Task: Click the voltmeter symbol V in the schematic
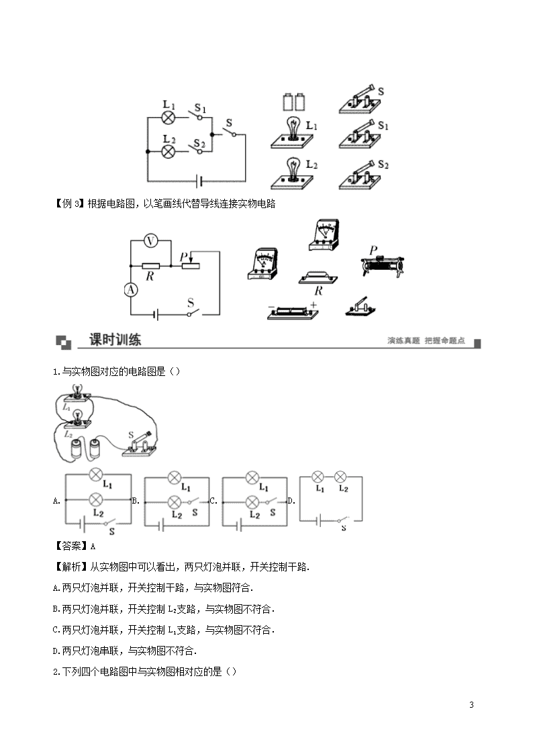151,241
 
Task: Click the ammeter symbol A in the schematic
131,289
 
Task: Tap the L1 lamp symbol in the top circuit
168,117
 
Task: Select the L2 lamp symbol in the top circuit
168,152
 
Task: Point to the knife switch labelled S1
360,135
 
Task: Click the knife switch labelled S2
360,175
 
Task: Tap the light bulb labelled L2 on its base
292,173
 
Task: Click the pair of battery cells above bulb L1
293,101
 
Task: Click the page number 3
471,704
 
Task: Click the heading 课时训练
115,340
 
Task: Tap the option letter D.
291,501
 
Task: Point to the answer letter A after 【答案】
93,547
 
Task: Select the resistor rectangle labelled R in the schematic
151,265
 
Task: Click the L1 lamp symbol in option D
318,477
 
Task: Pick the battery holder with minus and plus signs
293,311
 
